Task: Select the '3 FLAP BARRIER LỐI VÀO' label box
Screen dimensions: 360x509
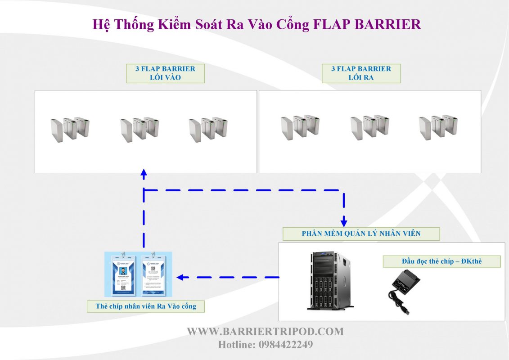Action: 165,73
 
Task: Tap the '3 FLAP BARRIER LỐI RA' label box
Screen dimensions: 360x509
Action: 361,73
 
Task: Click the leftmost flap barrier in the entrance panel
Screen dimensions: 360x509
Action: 70,129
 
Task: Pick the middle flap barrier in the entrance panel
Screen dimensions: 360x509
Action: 139,129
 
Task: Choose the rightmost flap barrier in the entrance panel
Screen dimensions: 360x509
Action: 208,129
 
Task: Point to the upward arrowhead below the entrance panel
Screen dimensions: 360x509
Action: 144,173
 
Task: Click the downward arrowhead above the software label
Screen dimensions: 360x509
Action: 344,222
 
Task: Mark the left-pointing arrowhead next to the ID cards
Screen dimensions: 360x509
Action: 180,277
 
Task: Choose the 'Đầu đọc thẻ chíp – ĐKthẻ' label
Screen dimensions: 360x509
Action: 441,261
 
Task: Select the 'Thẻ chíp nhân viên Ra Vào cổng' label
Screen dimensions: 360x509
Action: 146,306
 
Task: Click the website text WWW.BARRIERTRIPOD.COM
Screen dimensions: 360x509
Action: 265,332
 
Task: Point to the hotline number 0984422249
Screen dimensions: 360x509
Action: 285,345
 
